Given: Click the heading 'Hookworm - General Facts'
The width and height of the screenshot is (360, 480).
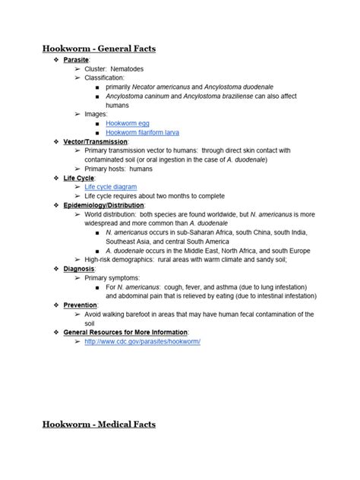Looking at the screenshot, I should [x=99, y=49].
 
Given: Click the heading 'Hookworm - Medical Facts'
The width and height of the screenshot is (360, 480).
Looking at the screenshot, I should [x=99, y=424].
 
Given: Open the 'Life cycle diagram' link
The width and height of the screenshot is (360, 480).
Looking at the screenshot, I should [x=111, y=187].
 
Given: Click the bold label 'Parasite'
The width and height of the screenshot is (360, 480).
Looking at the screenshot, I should [x=77, y=59].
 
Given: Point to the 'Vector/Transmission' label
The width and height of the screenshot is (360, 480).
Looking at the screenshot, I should [x=96, y=141].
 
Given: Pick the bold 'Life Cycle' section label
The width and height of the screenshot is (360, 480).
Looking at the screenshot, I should [x=79, y=178].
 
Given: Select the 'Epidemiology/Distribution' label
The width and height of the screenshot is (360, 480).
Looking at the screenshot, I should [x=104, y=205].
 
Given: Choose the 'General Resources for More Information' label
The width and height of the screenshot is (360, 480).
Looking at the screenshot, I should [x=126, y=333].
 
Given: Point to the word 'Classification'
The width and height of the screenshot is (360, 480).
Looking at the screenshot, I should [x=105, y=77].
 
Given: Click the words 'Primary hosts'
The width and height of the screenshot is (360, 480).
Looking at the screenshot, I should [x=106, y=169].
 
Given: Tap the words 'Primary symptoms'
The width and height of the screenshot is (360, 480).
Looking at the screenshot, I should [x=112, y=278].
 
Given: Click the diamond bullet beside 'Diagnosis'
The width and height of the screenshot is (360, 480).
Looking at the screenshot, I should [x=55, y=269].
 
